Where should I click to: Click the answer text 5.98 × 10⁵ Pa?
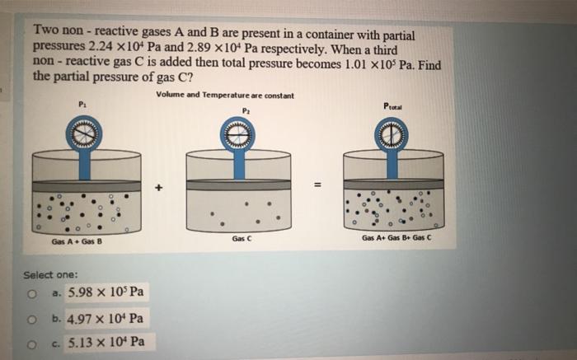pos(107,292)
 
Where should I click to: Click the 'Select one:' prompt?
pos(49,274)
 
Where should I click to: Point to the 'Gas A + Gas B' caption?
pos(76,242)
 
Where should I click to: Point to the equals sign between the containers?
pos(316,184)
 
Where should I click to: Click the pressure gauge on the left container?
pos(84,134)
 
